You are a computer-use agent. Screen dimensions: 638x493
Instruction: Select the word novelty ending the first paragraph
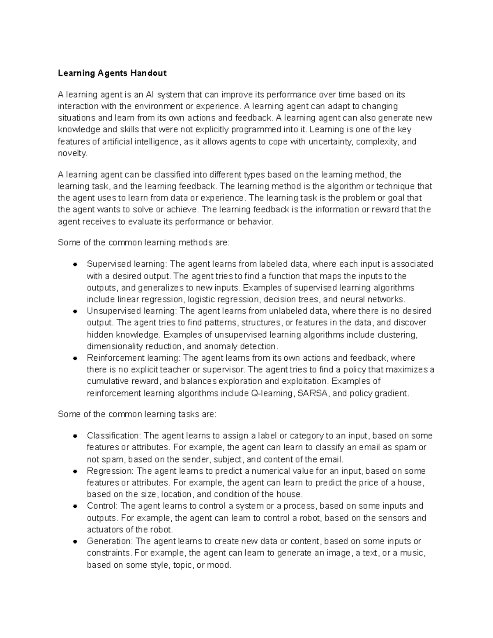[x=72, y=154]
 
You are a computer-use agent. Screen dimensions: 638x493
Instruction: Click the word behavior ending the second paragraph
[x=256, y=222]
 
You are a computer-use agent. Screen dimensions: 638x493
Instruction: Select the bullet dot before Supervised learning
[x=75, y=264]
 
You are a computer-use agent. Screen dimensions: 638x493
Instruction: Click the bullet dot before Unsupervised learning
[x=75, y=311]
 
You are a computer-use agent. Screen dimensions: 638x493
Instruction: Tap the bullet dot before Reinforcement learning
[x=75, y=358]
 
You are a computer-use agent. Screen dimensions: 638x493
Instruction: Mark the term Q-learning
[x=272, y=394]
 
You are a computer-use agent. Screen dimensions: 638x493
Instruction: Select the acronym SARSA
[x=313, y=394]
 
